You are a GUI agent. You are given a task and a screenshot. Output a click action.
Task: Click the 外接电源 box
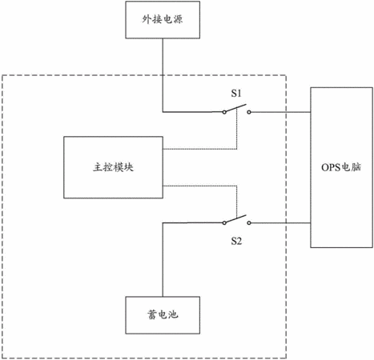(163, 20)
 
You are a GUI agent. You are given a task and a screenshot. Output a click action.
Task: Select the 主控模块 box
(113, 167)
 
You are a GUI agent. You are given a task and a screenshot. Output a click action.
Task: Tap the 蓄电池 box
(163, 315)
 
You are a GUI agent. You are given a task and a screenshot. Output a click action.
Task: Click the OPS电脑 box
(341, 167)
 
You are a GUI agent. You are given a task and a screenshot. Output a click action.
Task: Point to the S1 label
(236, 94)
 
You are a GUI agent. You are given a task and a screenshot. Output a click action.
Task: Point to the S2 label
(236, 241)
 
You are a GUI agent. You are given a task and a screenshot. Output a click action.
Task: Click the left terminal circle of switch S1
(224, 112)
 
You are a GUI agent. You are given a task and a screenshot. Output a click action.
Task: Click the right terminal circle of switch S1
(249, 112)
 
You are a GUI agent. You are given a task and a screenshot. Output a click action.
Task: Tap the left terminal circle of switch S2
(224, 222)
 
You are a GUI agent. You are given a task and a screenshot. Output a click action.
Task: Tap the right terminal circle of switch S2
(249, 222)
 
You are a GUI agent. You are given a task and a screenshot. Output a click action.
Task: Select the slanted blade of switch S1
(235, 108)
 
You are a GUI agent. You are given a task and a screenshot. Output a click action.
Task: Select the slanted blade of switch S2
(235, 218)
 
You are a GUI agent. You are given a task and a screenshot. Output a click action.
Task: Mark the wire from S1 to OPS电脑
(280, 112)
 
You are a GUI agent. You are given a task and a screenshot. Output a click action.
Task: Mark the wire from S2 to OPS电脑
(280, 222)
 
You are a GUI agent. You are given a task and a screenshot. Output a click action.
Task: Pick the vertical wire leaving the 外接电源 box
(163, 75)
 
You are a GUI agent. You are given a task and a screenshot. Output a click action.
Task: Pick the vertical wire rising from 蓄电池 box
(163, 259)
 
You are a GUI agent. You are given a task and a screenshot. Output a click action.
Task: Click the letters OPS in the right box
(331, 167)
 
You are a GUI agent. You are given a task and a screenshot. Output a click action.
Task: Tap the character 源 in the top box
(178, 19)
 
